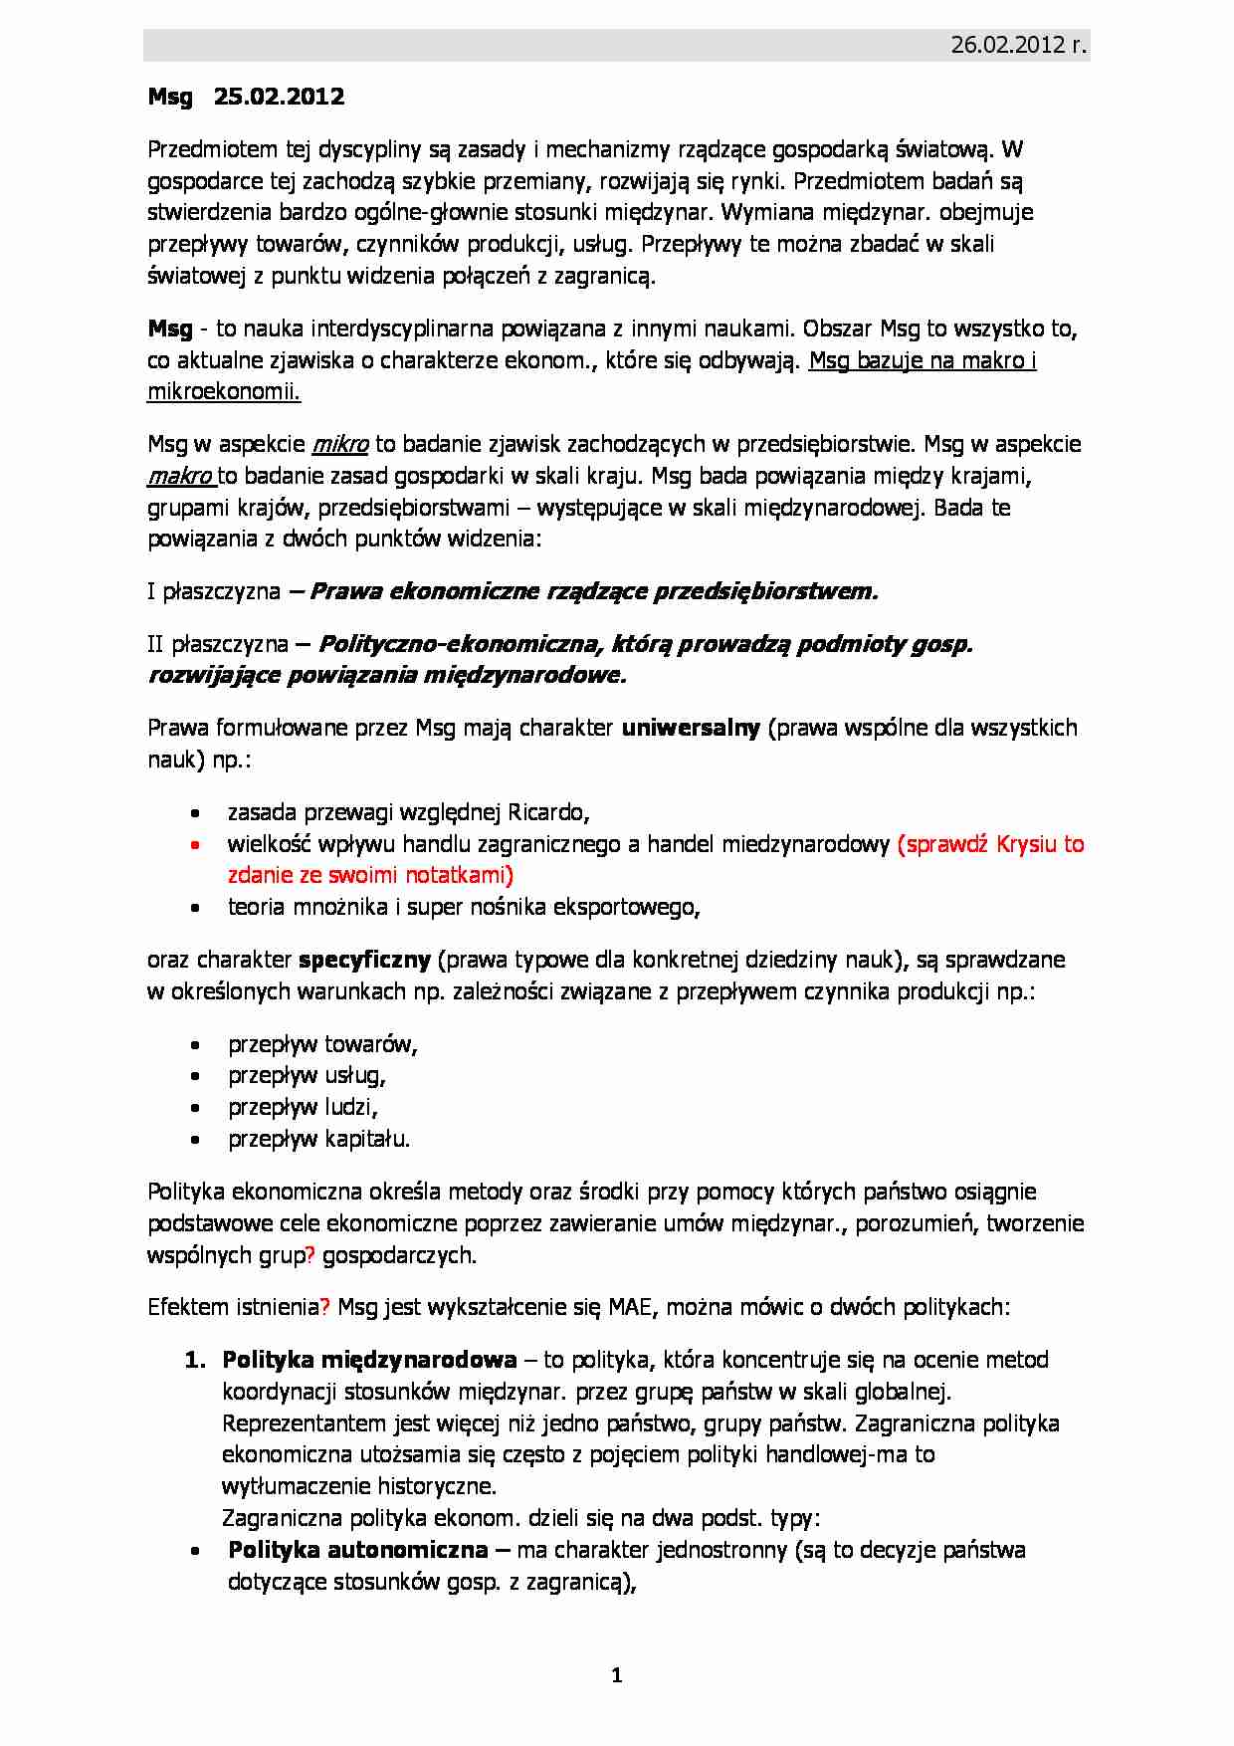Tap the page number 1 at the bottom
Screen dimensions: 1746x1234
pyautogui.click(x=617, y=1675)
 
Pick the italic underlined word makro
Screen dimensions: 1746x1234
pyautogui.click(x=179, y=476)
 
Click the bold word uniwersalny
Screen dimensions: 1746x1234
pyautogui.click(x=691, y=728)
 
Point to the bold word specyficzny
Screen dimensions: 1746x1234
pyautogui.click(x=364, y=960)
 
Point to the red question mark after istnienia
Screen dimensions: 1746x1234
pyautogui.click(x=324, y=1307)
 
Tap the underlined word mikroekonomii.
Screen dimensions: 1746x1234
pyautogui.click(x=223, y=392)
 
